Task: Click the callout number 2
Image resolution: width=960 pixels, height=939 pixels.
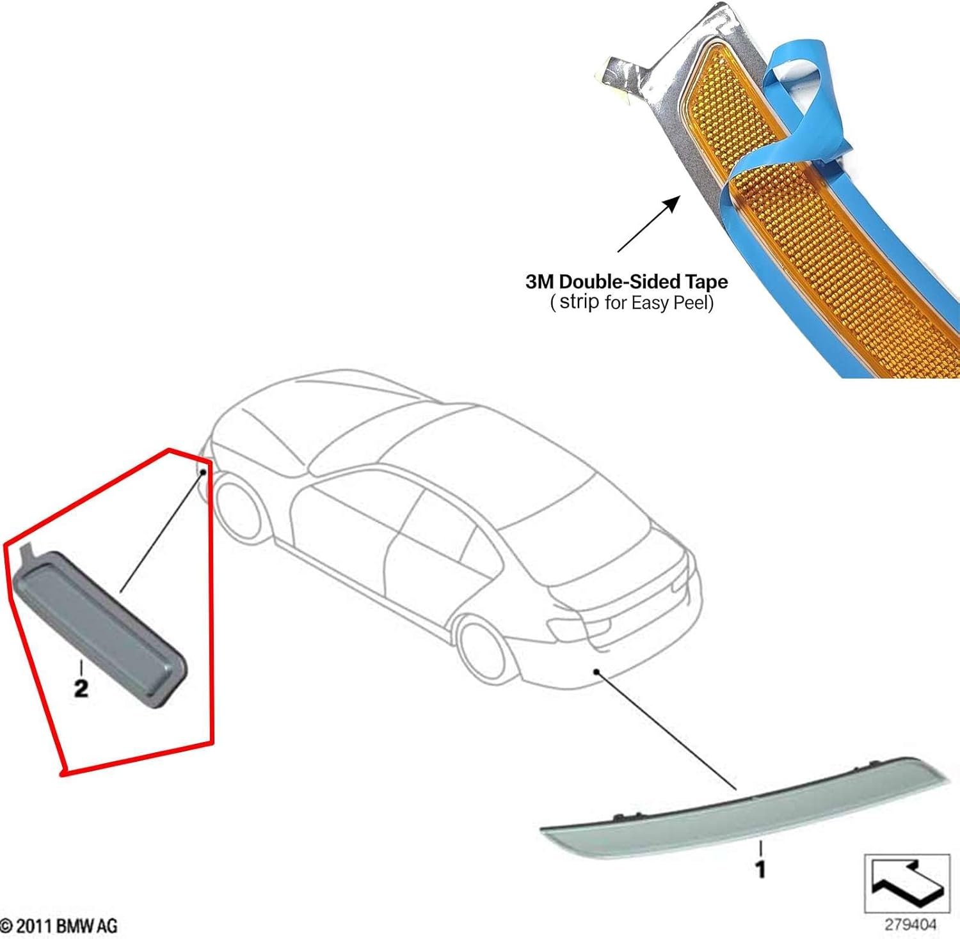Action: [x=81, y=688]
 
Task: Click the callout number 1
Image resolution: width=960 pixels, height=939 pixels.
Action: [x=760, y=869]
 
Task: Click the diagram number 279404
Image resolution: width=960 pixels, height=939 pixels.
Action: [x=910, y=924]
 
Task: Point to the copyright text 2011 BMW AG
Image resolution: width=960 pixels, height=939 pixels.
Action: [x=59, y=926]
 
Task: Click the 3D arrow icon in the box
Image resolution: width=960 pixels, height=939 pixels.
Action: [x=907, y=883]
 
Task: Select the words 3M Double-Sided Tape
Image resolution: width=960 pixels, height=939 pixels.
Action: [x=627, y=281]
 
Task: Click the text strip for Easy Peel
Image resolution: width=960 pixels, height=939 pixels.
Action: [x=632, y=302]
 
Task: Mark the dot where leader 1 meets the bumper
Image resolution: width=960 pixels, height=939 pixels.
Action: [x=596, y=672]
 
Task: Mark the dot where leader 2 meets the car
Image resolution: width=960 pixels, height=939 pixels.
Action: [x=203, y=471]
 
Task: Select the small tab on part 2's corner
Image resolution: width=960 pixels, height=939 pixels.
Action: [x=27, y=554]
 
